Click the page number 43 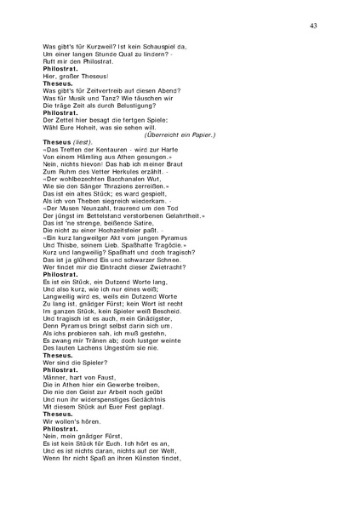(x=313, y=26)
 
